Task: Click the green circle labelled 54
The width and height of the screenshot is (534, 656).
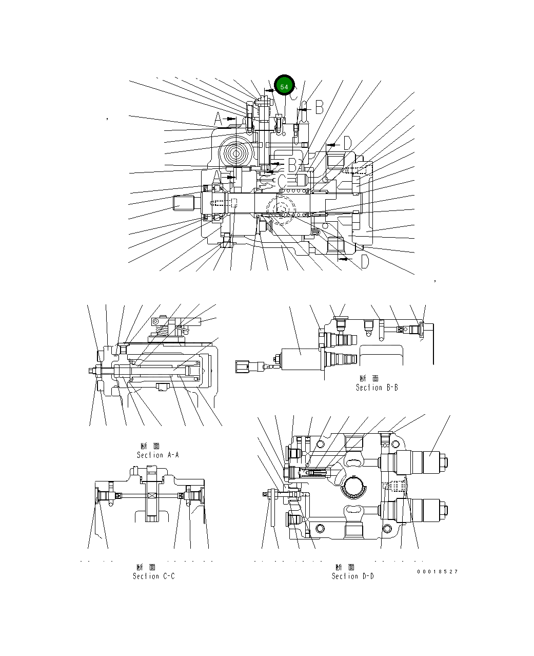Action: point(284,86)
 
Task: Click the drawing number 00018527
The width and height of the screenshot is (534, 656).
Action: point(437,571)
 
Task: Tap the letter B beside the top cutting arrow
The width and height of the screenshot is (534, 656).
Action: point(319,107)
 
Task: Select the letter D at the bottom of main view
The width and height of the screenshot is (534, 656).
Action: point(364,262)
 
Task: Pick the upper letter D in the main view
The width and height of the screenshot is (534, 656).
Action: point(347,143)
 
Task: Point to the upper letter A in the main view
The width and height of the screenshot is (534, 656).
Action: point(218,120)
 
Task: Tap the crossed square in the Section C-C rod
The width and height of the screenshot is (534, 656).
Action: point(151,495)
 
